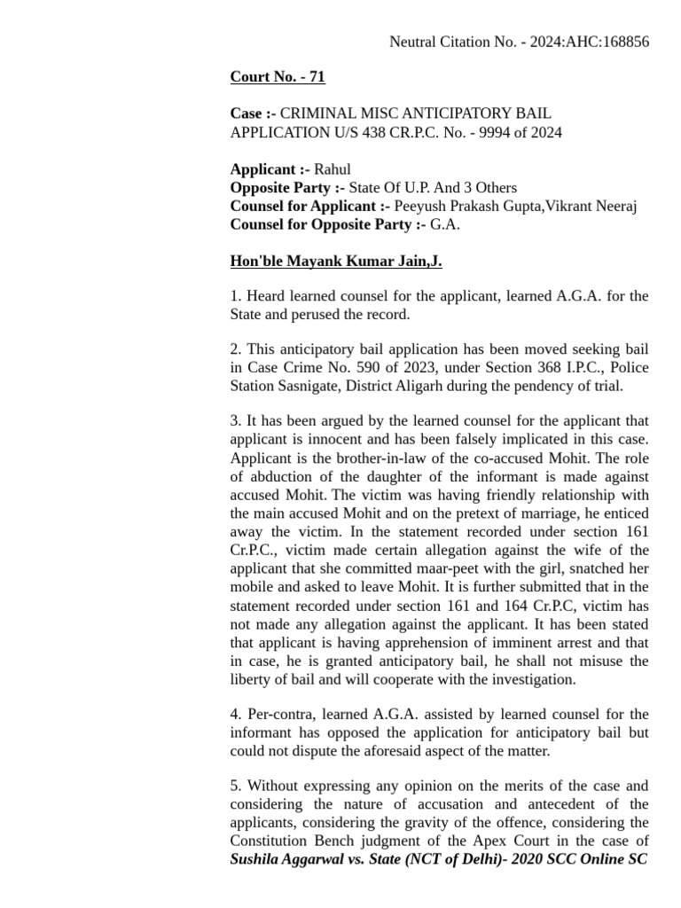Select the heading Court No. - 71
point(278,77)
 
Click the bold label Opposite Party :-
point(287,188)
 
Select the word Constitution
point(272,841)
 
